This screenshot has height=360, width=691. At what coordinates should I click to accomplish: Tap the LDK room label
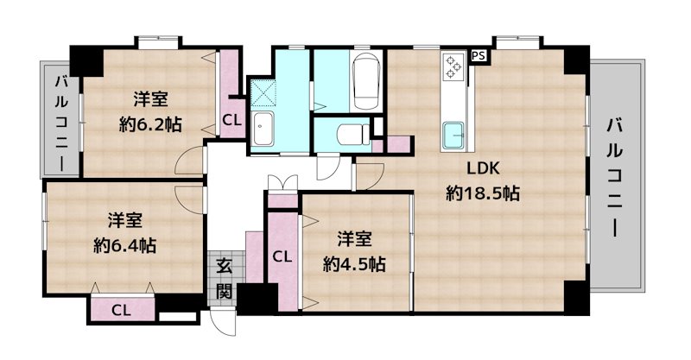(x=484, y=168)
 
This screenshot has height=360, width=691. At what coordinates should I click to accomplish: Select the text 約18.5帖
(x=483, y=193)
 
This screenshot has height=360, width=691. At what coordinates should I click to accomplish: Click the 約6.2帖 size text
(x=150, y=123)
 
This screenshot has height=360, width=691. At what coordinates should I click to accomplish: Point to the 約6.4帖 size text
(x=124, y=244)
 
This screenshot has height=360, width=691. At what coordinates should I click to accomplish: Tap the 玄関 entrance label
(x=224, y=277)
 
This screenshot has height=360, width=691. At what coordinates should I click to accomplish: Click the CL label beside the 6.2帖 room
(x=231, y=120)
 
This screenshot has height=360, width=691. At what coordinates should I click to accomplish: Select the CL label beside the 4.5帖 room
(x=282, y=256)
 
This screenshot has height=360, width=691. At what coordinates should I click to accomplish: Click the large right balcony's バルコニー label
(x=615, y=177)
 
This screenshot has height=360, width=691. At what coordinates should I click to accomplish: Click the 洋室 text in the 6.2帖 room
(x=150, y=98)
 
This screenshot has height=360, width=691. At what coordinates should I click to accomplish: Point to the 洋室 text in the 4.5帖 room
(x=353, y=237)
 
